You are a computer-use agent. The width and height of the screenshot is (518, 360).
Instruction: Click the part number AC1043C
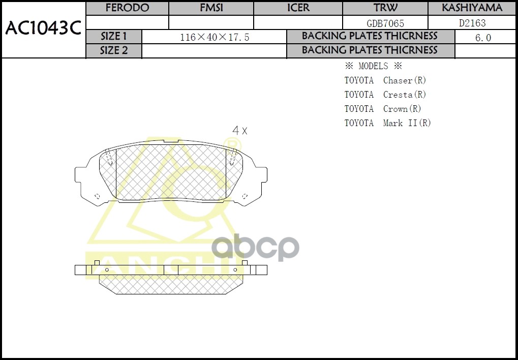tap(43, 29)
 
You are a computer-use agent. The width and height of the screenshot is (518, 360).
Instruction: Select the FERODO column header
tap(127, 8)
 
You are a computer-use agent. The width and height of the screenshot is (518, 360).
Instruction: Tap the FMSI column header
tap(211, 8)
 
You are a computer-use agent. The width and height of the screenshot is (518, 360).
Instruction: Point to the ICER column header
tap(298, 8)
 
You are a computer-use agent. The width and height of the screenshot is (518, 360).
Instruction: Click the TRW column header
tap(385, 8)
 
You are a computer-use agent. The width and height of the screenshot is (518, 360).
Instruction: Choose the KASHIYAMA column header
tap(472, 8)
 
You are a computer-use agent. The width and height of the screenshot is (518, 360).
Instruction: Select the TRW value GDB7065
tap(385, 23)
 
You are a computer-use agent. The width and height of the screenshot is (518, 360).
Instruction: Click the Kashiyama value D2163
tap(472, 23)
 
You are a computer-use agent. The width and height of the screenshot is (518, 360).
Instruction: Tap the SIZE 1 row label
tap(113, 37)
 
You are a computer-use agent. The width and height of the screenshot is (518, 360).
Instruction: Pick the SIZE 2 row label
tap(113, 50)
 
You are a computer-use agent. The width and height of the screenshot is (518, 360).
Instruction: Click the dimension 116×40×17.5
tap(215, 38)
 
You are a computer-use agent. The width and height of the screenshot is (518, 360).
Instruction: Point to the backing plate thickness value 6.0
tap(483, 38)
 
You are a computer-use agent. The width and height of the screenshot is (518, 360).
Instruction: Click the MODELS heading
tap(373, 66)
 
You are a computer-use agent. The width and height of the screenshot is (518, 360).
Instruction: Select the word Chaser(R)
tap(405, 80)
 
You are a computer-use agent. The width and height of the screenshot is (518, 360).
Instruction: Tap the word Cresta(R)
tap(405, 95)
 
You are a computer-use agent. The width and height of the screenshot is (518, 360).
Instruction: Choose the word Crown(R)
tap(402, 109)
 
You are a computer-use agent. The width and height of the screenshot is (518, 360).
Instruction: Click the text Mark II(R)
tap(407, 123)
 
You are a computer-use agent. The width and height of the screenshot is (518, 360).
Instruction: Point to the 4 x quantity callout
tap(239, 131)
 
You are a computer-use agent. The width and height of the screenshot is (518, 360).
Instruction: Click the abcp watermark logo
tap(255, 248)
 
